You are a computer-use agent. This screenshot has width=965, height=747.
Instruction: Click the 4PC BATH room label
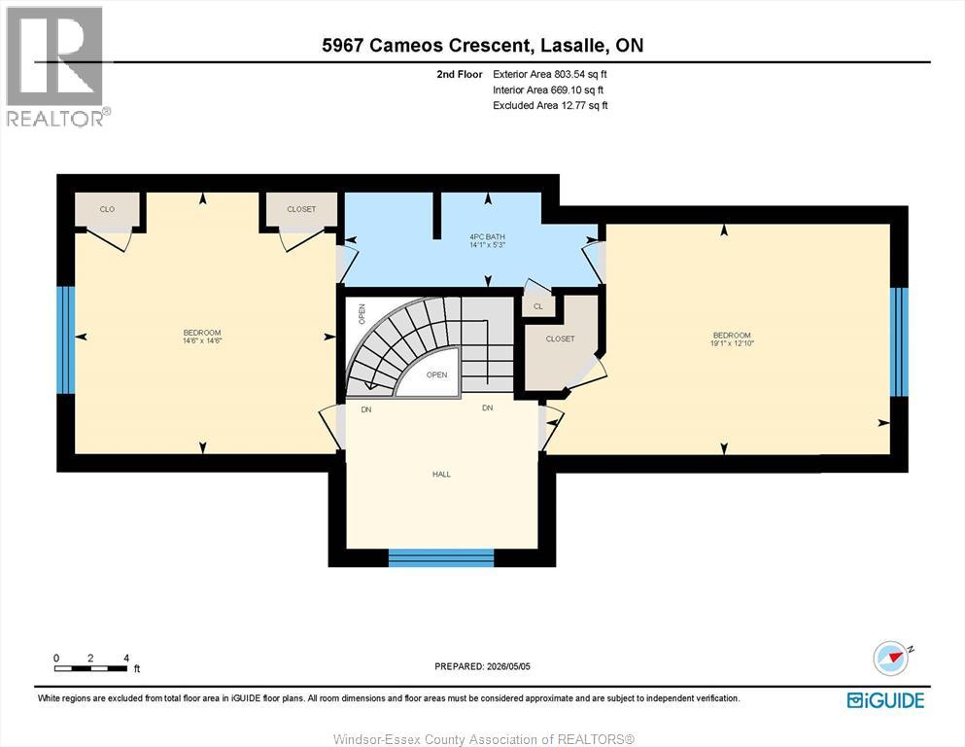pyautogui.click(x=488, y=236)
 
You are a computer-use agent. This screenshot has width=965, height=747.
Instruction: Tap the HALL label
pyautogui.click(x=441, y=475)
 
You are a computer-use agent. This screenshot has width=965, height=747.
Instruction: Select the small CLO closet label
pyautogui.click(x=107, y=209)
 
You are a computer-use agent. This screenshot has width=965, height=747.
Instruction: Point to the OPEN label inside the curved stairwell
pyautogui.click(x=437, y=374)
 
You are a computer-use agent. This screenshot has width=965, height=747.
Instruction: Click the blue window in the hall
pyautogui.click(x=441, y=558)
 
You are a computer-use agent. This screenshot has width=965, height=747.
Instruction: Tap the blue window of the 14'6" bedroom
pyautogui.click(x=66, y=339)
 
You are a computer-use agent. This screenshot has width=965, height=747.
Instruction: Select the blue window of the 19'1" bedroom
pyautogui.click(x=899, y=341)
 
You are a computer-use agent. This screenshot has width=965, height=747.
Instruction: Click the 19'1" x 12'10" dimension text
pyautogui.click(x=732, y=343)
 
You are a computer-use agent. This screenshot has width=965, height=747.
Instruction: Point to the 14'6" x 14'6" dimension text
pyautogui.click(x=202, y=339)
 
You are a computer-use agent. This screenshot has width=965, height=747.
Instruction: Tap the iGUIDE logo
pyautogui.click(x=885, y=700)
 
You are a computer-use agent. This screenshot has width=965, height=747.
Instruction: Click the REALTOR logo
pyautogui.click(x=55, y=66)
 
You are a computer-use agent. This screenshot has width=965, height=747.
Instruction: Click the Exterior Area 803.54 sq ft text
pyautogui.click(x=550, y=74)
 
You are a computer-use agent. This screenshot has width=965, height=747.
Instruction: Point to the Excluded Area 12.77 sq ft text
pyautogui.click(x=550, y=105)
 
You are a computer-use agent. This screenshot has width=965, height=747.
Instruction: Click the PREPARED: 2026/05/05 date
pyautogui.click(x=482, y=666)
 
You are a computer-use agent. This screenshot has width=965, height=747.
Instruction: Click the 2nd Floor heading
pyautogui.click(x=460, y=75)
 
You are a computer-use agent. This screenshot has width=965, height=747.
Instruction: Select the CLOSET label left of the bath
pyautogui.click(x=301, y=209)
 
